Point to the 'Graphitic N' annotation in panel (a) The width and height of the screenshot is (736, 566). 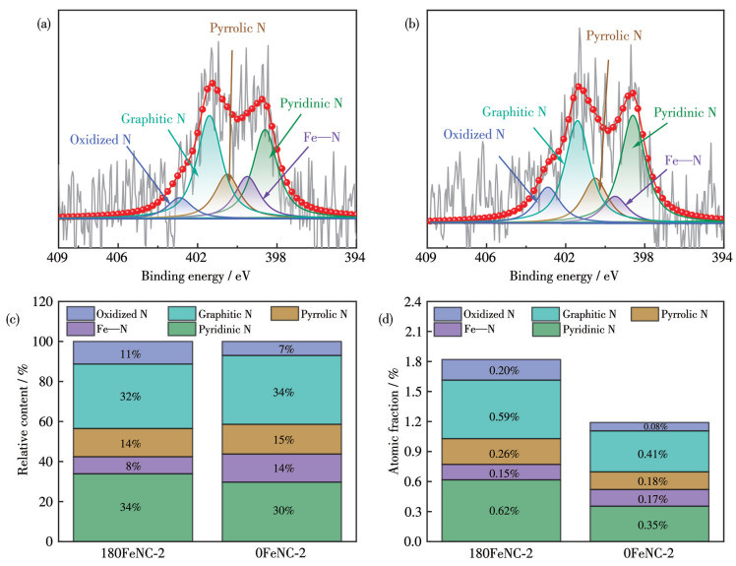pyautogui.click(x=154, y=120)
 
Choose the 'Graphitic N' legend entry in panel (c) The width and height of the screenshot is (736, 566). pyautogui.click(x=207, y=314)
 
